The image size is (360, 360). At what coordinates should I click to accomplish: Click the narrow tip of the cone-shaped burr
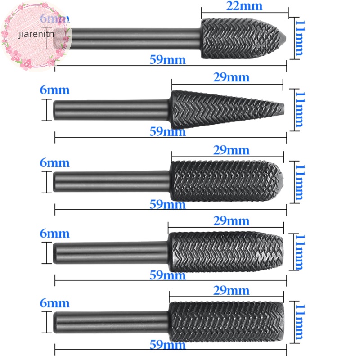point(282,108)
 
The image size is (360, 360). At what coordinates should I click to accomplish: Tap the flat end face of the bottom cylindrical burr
point(283,319)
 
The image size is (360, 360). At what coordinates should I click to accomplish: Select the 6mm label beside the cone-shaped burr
point(54,90)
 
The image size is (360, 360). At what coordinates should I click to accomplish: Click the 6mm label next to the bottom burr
point(54,304)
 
